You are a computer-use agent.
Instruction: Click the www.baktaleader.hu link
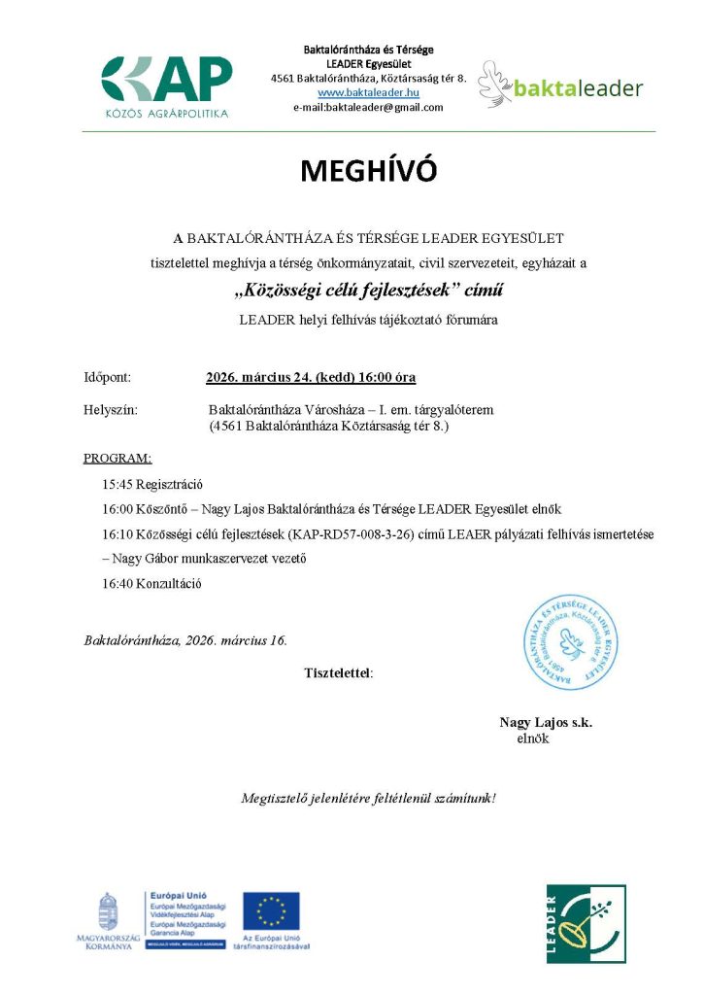(368, 91)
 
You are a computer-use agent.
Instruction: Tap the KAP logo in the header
(167, 86)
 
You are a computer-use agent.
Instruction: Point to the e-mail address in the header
(368, 107)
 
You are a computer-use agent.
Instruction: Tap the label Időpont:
(107, 377)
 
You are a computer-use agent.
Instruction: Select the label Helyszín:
(111, 410)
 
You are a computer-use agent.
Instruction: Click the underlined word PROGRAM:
(117, 458)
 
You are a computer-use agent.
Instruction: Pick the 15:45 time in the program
(118, 483)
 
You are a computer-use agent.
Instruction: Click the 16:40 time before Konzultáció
(118, 584)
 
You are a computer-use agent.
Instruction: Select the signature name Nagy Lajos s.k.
(546, 722)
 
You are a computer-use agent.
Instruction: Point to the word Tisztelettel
(337, 671)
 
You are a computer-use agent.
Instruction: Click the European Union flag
(271, 911)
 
